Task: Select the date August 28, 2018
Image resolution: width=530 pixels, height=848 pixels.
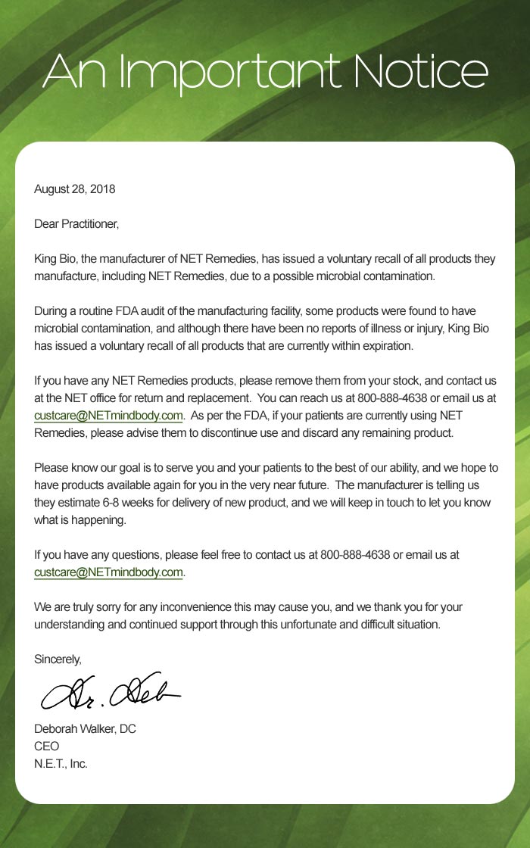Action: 74,189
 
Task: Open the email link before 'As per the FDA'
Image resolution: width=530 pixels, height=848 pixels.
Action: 108,416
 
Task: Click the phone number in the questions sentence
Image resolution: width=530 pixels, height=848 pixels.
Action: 355,555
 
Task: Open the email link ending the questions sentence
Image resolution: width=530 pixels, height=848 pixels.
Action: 108,573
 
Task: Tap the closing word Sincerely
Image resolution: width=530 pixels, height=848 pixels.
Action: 58,659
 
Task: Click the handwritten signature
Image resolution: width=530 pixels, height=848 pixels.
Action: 110,690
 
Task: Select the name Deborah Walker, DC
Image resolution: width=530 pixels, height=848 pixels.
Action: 85,729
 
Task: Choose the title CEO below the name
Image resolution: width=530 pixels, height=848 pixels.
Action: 46,747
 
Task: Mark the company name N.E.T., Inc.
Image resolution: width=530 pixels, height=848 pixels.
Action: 61,764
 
